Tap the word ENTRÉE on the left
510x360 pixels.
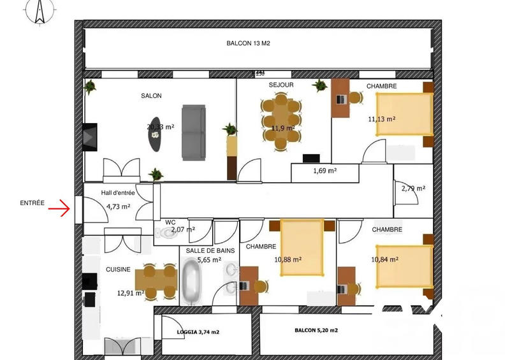click(x=32, y=203)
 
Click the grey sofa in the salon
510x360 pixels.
click(x=193, y=133)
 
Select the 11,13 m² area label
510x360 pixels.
click(x=381, y=119)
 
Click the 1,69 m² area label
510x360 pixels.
click(x=324, y=171)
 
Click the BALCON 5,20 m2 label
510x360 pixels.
click(x=316, y=331)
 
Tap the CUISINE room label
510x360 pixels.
click(x=118, y=270)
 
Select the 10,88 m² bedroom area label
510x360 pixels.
click(x=288, y=259)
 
